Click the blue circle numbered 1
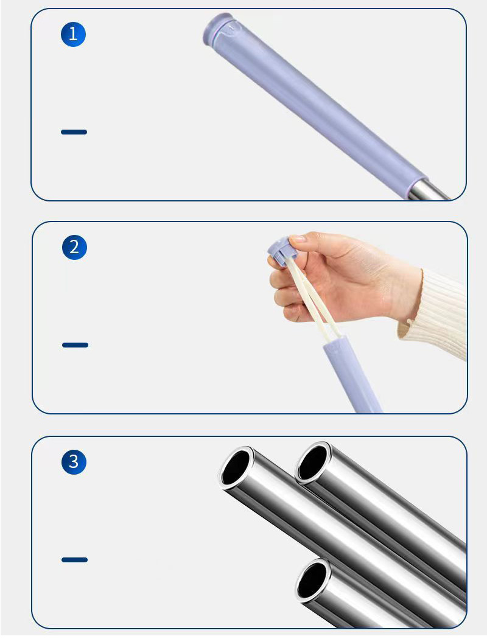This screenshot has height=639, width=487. coord(74,34)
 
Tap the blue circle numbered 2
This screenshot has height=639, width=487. coord(75,247)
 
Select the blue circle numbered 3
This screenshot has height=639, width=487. coord(74,462)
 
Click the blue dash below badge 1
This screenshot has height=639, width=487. coord(74,131)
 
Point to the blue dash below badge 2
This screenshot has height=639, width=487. coord(75,345)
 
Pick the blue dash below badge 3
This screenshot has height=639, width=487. coord(75,559)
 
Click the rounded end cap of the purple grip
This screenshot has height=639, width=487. coord(217,28)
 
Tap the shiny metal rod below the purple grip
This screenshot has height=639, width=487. coord(428,190)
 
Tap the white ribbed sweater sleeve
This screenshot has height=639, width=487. coord(436,314)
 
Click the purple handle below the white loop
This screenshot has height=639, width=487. coord(351,374)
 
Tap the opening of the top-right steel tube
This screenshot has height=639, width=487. coord(313,462)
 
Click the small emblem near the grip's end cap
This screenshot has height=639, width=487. coord(231,29)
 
